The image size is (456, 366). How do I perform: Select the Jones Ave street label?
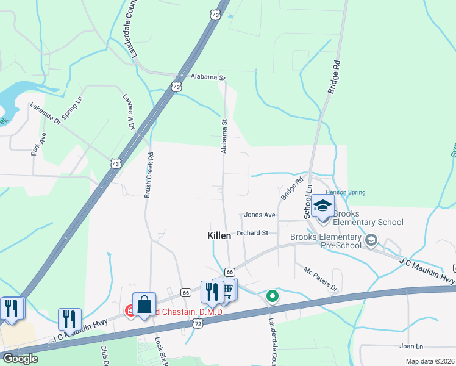(x=260, y=215)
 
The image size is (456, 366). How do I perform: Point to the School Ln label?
(x=308, y=198)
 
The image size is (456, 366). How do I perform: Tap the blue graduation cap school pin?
(x=322, y=206)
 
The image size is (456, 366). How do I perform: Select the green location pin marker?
(x=273, y=296)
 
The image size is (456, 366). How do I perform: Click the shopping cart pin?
(x=228, y=289)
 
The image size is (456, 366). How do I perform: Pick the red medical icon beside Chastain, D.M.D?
(x=130, y=311)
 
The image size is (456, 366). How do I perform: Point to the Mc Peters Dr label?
(x=321, y=279)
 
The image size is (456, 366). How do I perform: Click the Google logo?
(x=20, y=359)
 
